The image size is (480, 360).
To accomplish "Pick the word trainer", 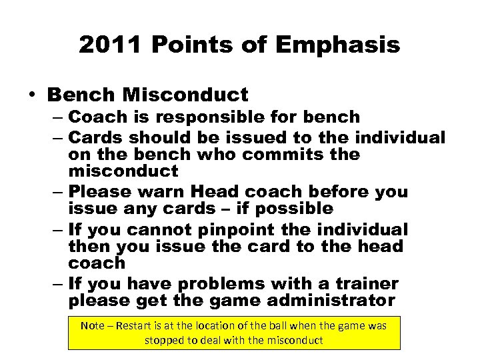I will coord(374,284).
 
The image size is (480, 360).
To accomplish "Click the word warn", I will coord(159,191).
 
